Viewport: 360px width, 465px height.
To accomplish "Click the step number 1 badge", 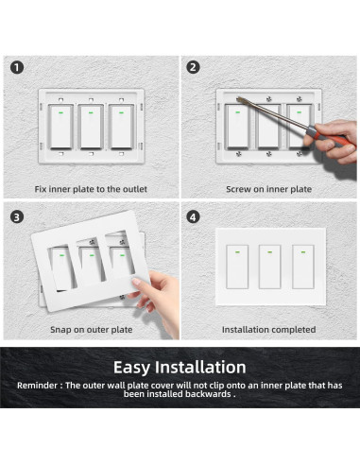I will coord(17,67).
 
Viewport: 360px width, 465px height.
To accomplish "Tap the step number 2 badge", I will coord(194,67).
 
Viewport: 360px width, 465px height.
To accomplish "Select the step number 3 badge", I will coord(17,215).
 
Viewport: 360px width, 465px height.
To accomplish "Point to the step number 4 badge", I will coord(194,215).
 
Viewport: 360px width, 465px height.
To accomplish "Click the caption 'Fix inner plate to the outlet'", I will coord(90,189).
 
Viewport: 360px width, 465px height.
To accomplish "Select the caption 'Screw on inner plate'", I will coord(268,189).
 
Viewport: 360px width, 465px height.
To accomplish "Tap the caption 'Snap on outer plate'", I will coord(90,330).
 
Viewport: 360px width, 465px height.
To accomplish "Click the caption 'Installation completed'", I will coord(268,330).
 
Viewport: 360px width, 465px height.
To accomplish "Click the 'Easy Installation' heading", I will coord(180,367).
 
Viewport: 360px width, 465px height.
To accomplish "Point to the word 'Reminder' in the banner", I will coord(41,387).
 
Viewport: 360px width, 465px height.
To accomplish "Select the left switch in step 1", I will coord(61,127).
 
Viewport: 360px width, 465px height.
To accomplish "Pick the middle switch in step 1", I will coord(90,127).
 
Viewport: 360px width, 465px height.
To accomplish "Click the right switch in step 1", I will coord(119,127).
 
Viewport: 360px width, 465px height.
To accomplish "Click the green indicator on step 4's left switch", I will coord(239,251).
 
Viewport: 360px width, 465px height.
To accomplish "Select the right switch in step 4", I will coord(301,267).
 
